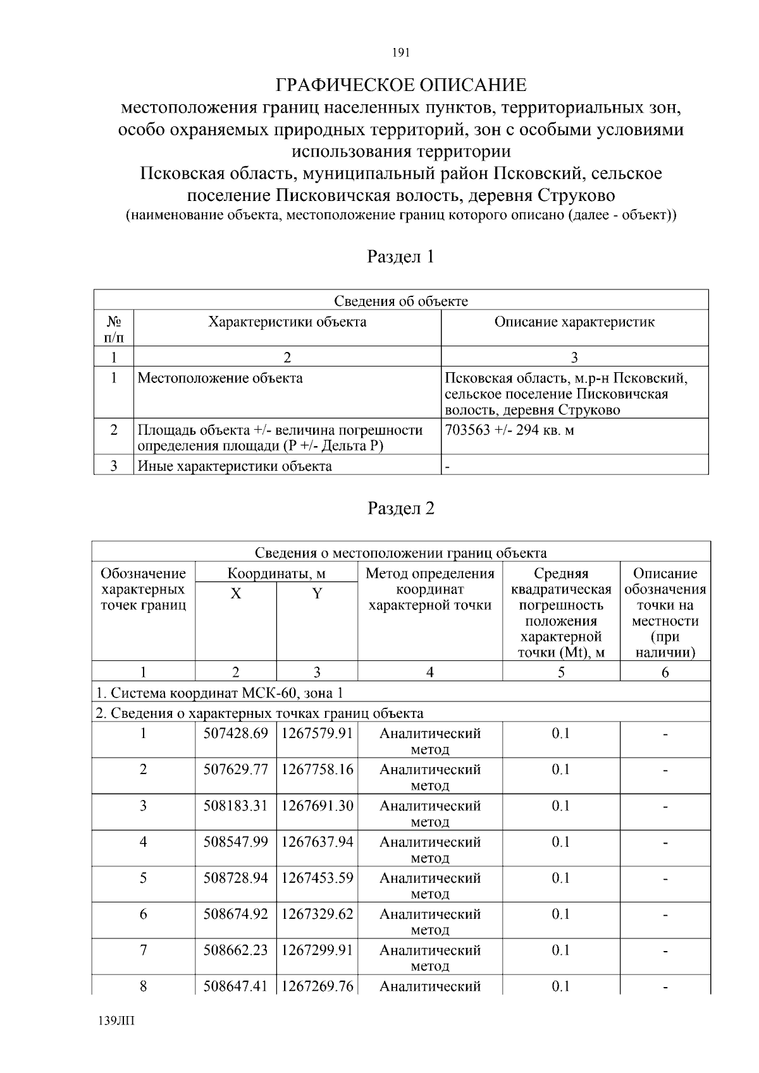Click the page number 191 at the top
(x=401, y=53)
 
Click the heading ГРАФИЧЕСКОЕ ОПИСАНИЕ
(x=401, y=85)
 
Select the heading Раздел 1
(x=401, y=257)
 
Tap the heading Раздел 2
(x=401, y=508)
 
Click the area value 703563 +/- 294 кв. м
(x=510, y=430)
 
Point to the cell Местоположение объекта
(x=220, y=379)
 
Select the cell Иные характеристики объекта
(x=235, y=466)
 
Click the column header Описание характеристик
(x=574, y=322)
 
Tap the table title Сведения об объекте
(x=401, y=301)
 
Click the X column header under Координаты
(x=235, y=594)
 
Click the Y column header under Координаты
(x=317, y=594)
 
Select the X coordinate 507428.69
(x=235, y=734)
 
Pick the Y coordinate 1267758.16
(x=317, y=770)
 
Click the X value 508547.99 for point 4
(x=235, y=842)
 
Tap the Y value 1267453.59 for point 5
(x=317, y=878)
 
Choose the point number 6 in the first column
(x=144, y=914)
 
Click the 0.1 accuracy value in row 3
(x=560, y=806)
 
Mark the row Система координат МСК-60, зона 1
(x=219, y=693)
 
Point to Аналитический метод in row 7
(x=430, y=957)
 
